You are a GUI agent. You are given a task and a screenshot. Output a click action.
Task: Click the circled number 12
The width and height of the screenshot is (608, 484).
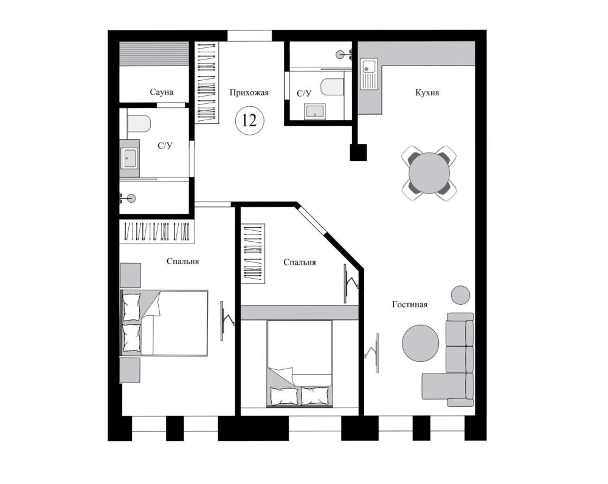(x=249, y=120)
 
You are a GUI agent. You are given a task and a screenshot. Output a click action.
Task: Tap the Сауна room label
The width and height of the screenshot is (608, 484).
(x=161, y=92)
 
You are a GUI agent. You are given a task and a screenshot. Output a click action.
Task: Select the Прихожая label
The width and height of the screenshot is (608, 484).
(x=249, y=92)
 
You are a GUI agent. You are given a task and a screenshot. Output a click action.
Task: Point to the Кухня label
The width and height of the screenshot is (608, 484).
(x=427, y=92)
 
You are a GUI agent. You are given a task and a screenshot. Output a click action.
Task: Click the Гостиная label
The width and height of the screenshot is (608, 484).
(x=409, y=304)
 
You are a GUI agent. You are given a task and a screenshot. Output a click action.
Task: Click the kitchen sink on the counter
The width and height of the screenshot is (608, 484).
(x=369, y=73)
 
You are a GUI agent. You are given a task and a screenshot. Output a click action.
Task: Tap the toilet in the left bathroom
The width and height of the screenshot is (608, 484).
(x=139, y=123)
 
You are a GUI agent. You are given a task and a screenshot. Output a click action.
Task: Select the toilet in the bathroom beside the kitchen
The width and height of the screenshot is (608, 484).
(x=333, y=87)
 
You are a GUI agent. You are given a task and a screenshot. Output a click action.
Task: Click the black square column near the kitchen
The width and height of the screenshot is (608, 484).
(x=358, y=152)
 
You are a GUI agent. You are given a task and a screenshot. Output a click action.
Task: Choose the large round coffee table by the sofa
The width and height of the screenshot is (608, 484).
(x=420, y=343)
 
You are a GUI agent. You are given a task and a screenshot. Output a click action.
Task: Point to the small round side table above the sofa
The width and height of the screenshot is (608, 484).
(x=461, y=295)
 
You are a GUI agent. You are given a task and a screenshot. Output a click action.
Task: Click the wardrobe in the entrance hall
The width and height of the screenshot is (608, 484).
(x=206, y=83)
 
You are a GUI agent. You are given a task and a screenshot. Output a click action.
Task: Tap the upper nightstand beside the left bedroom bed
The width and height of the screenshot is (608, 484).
(x=130, y=275)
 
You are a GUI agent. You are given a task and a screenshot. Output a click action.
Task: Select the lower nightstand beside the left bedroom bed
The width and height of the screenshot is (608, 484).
(x=130, y=370)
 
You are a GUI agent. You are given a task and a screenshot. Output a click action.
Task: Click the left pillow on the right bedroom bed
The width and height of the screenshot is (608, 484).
(x=284, y=396)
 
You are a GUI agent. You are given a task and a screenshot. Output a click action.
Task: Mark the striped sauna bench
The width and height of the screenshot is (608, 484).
(x=154, y=54)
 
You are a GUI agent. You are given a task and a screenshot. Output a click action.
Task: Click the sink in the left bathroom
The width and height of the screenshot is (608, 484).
(x=129, y=158)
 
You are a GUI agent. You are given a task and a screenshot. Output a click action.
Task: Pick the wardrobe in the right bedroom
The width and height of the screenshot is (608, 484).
(x=253, y=253)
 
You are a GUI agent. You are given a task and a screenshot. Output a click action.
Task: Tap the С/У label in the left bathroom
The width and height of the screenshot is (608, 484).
(x=165, y=146)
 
